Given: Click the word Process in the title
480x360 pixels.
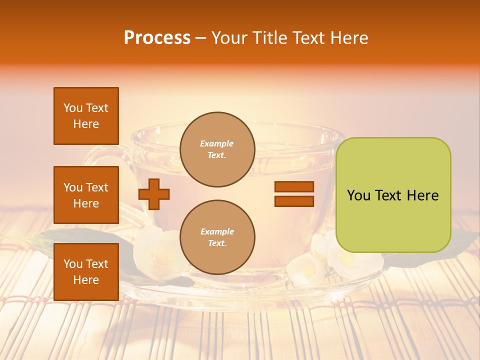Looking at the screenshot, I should click(157, 38).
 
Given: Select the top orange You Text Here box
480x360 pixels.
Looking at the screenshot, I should click(86, 116).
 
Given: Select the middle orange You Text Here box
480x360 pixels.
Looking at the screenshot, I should click(86, 195).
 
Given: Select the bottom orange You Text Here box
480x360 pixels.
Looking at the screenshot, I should click(86, 271).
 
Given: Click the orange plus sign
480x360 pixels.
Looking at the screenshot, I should click(154, 194).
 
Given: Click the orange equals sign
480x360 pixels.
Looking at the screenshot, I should click(294, 194).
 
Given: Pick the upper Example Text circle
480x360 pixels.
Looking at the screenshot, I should click(217, 149).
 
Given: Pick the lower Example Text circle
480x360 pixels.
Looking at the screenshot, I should click(217, 237).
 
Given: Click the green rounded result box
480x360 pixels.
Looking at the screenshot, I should click(393, 195).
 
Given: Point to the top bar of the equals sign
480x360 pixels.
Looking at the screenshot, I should click(294, 187).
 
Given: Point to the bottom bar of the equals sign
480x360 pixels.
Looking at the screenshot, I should click(294, 201).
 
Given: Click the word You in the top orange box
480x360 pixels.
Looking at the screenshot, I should click(73, 108).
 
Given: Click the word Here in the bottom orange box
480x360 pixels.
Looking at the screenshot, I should click(86, 280).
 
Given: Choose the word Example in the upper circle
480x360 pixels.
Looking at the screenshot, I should click(217, 144).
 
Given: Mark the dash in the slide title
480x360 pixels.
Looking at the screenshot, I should click(200, 38).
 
